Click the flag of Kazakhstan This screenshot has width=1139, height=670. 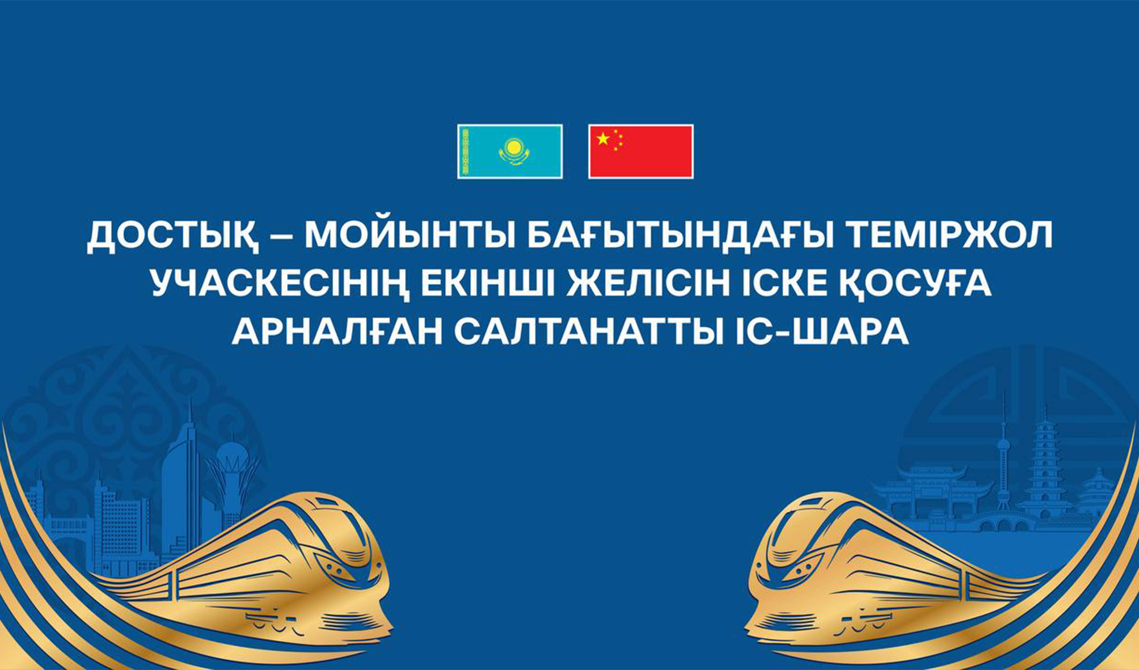coord(510,151)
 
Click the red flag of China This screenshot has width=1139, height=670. coord(641,151)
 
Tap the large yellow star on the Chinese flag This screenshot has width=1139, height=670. coord(603,138)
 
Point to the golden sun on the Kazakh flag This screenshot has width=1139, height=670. coord(513,148)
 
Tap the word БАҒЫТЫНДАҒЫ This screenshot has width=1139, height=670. coord(681,236)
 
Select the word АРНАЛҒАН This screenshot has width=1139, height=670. coord(337,332)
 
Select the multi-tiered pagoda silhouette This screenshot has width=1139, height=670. coord(1044,465)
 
